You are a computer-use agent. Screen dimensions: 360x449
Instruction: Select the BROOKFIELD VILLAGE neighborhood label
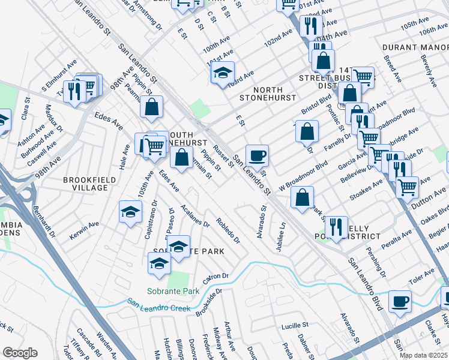[x=86, y=184]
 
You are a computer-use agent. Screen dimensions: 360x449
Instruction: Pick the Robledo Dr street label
[x=228, y=231]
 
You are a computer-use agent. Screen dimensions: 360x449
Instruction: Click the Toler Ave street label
[x=422, y=277]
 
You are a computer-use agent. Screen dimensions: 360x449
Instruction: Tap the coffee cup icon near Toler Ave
[x=400, y=301]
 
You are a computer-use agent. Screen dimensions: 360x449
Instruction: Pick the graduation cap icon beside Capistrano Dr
[x=130, y=212]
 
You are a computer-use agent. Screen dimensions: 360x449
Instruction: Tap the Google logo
[x=19, y=353]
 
